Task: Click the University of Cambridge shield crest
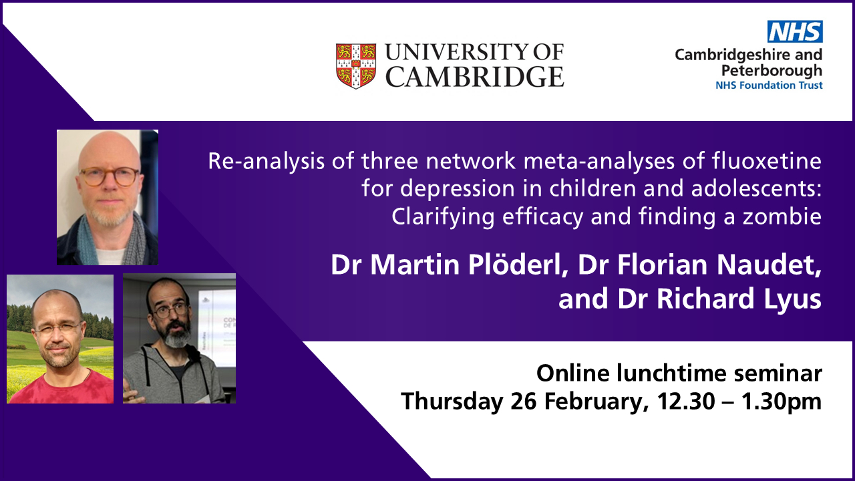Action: click(356, 65)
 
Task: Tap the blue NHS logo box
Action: click(795, 31)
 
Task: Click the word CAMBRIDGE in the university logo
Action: click(474, 76)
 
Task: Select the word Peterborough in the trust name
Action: click(772, 71)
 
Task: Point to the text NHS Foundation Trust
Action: click(769, 85)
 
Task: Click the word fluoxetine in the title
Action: click(766, 161)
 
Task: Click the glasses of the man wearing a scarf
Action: click(110, 177)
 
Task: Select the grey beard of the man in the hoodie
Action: click(176, 336)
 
